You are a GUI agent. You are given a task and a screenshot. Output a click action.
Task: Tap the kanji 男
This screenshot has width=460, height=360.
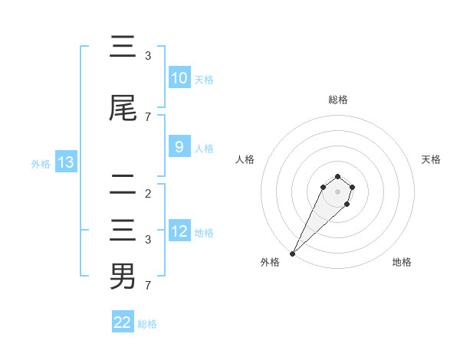tap(123, 276)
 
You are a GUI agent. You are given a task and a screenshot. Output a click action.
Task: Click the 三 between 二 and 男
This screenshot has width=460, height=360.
tap(123, 231)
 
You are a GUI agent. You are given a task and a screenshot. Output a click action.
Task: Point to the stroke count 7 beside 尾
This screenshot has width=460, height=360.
tap(148, 116)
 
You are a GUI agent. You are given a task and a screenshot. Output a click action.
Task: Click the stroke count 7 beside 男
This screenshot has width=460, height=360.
tap(148, 286)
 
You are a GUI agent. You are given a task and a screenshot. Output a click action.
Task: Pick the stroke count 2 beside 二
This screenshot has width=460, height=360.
tap(148, 193)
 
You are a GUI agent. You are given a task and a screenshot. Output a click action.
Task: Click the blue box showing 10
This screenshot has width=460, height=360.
tap(179, 78)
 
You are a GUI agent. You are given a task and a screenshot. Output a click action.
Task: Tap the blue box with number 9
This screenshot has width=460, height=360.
tap(179, 147)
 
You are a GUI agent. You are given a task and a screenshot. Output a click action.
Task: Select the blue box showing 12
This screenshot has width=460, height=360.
tap(179, 231)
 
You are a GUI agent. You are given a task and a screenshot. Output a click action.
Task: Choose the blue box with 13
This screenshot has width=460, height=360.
tap(65, 162)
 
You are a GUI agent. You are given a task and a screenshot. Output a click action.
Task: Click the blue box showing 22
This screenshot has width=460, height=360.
tap(123, 322)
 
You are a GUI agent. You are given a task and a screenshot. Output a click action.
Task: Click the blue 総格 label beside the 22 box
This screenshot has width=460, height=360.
tap(147, 324)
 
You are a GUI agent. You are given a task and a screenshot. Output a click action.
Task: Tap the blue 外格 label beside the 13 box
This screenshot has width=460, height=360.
tap(40, 163)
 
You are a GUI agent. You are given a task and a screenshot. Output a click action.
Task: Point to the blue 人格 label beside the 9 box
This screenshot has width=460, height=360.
tap(204, 148)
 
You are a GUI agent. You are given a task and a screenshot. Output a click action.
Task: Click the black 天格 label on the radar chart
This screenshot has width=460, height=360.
tap(432, 159)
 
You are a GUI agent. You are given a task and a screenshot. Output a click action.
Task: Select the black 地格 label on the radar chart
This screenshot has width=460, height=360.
tap(402, 262)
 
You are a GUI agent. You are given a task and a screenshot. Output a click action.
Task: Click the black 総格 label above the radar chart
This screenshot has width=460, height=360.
tap(338, 100)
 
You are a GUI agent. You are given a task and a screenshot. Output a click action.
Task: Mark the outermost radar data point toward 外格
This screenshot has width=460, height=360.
tap(292, 253)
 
